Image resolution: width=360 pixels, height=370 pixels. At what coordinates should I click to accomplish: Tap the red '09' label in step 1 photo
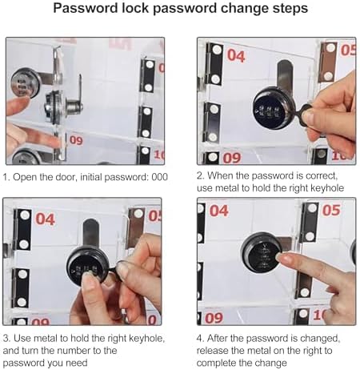tap(75, 139)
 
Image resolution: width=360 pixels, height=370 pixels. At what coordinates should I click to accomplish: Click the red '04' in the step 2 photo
tap(236, 55)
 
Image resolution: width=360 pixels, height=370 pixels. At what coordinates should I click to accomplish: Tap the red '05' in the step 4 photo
tap(330, 211)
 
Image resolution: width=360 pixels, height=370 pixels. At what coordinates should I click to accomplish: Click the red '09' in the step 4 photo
tap(214, 317)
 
